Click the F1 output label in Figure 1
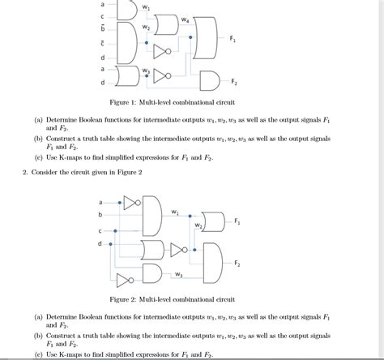(x=233, y=39)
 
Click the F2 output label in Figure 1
(x=234, y=82)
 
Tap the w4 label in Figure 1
(x=186, y=19)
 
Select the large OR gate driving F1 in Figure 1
(x=206, y=41)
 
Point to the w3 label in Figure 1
(x=146, y=71)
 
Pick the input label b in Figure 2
(x=100, y=214)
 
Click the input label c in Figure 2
(x=100, y=230)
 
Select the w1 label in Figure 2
(x=175, y=212)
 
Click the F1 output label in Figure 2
(x=237, y=221)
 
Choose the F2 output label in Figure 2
(x=237, y=263)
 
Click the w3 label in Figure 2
(x=177, y=274)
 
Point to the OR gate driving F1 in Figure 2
(x=213, y=221)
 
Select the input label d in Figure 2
(x=100, y=243)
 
